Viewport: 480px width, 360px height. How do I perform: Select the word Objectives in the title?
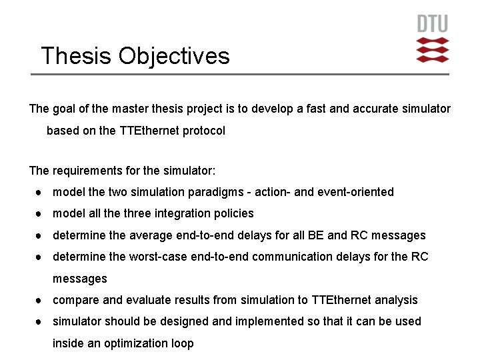coord(174,55)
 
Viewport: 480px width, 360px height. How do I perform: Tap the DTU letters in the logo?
coord(433,25)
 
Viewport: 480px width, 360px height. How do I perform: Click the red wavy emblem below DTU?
coord(433,50)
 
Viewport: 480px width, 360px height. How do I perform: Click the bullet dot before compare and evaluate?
coord(41,300)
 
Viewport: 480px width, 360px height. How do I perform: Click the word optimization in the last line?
coord(134,343)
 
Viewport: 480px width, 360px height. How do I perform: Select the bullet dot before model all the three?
coord(41,213)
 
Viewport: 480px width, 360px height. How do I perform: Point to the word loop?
coord(181,343)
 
